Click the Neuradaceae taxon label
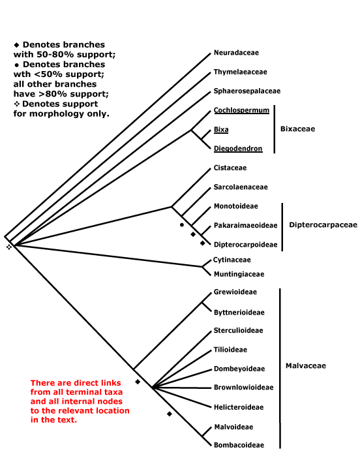coord(236,53)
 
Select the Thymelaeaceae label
coord(241,72)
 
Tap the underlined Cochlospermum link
coord(241,110)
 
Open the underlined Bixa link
coord(221,130)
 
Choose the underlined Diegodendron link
coord(238,149)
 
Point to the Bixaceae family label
coord(297,129)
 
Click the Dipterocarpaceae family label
coord(323,224)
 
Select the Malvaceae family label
coord(306,365)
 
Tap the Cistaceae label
coord(230,168)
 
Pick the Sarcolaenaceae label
coord(241,187)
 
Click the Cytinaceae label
coord(232,260)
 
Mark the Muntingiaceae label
coord(239,274)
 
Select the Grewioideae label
coord(235,292)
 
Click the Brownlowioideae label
coord(243,388)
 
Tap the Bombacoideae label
coord(239,445)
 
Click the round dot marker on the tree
coord(182,224)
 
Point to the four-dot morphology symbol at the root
coord(8,247)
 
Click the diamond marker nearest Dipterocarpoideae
coord(203,243)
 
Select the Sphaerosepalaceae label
coord(247,91)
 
